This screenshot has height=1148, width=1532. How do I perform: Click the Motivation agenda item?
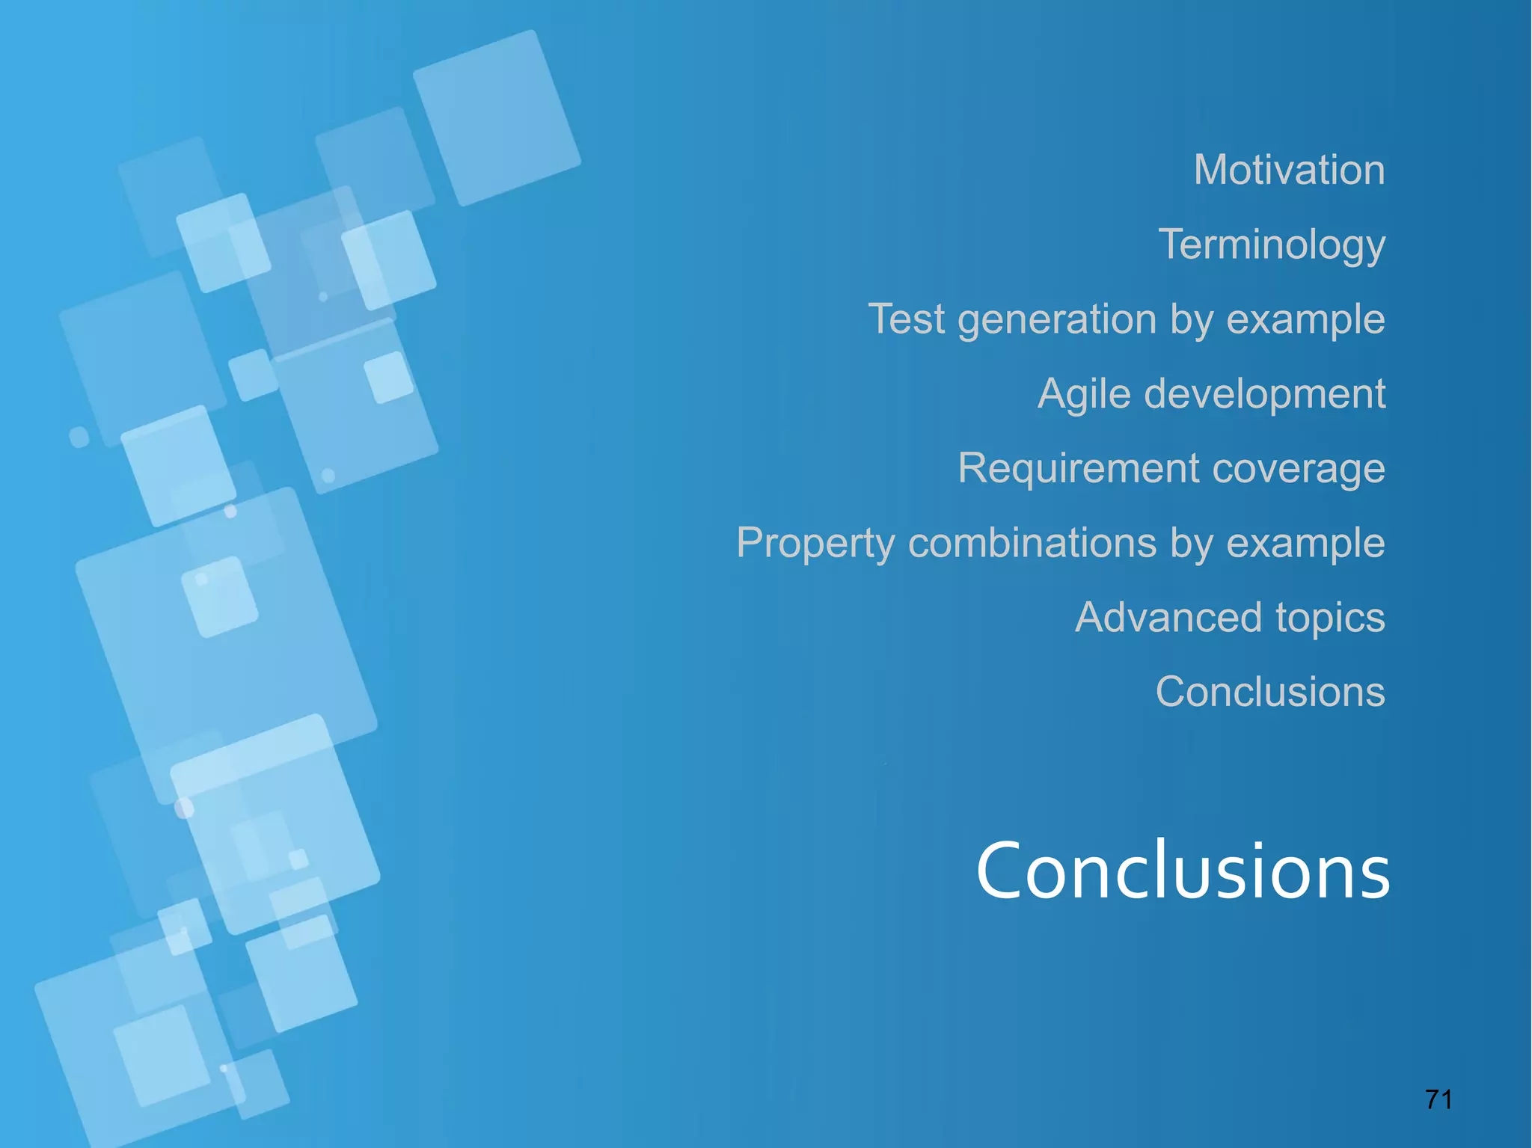tap(1289, 170)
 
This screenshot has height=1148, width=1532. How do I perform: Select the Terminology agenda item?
tap(1272, 245)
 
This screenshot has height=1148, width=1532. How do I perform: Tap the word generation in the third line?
tap(1057, 320)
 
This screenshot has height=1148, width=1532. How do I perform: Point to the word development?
tap(1265, 395)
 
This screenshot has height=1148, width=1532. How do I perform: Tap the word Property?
tap(815, 543)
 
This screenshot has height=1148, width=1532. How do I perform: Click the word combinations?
tap(1032, 543)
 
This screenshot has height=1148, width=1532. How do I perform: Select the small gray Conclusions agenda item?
tap(1270, 692)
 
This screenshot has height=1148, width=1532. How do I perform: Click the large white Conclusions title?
tap(1183, 871)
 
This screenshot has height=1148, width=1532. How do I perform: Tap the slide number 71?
tap(1438, 1099)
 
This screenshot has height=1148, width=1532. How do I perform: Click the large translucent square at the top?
tap(497, 117)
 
